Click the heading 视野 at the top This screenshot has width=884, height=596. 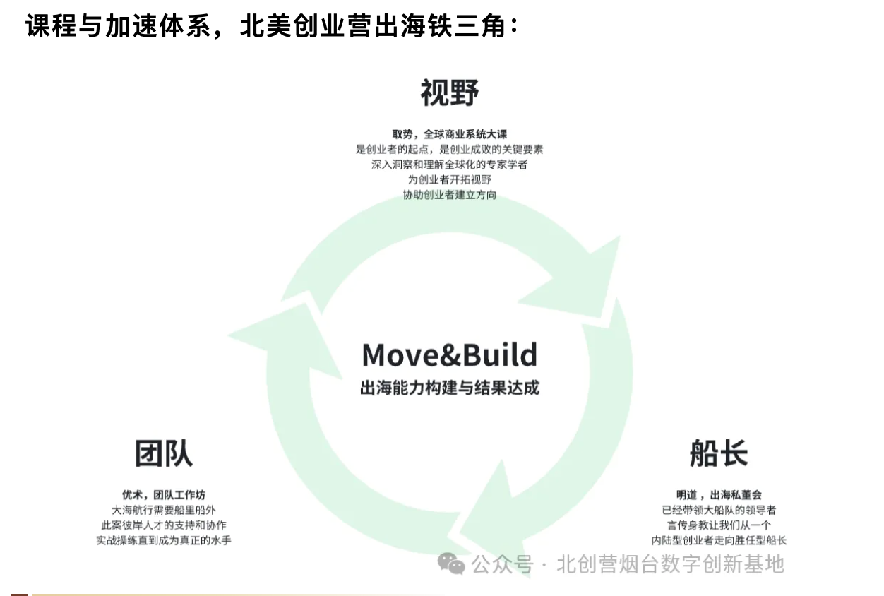pos(450,93)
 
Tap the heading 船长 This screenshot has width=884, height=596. pos(719,453)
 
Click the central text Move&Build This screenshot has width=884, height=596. pos(450,354)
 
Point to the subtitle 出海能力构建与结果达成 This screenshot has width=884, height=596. pos(450,388)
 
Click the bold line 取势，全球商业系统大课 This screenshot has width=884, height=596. pos(450,134)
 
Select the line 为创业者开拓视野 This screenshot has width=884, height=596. pos(450,179)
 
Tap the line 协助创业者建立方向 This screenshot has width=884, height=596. pos(450,195)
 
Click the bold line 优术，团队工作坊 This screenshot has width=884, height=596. pos(164,495)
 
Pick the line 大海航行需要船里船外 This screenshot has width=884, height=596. pos(164,510)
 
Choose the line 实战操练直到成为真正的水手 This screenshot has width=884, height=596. pos(164,540)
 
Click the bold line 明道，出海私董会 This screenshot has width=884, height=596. pos(719,495)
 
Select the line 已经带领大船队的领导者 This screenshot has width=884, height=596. pos(719,510)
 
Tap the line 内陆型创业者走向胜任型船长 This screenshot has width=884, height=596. pos(719,540)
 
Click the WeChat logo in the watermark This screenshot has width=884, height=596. pos(451,564)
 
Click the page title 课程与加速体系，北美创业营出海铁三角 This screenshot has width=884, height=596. pos(273,26)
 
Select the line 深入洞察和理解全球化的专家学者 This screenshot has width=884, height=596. pos(450,165)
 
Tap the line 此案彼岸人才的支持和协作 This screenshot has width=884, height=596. pos(164,525)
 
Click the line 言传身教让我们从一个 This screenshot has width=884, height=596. pos(719,525)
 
